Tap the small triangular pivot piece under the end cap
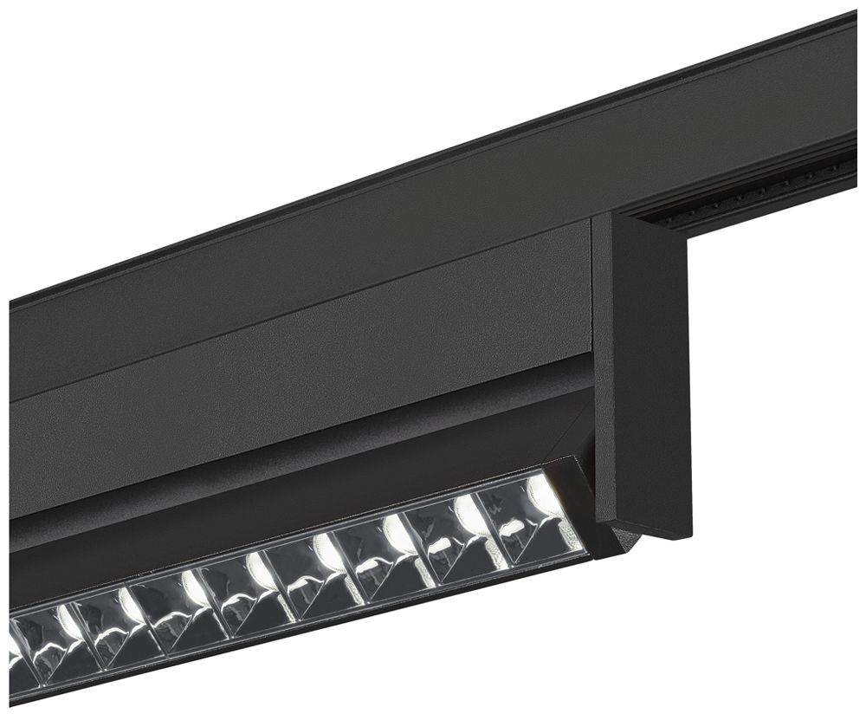click(625, 542)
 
